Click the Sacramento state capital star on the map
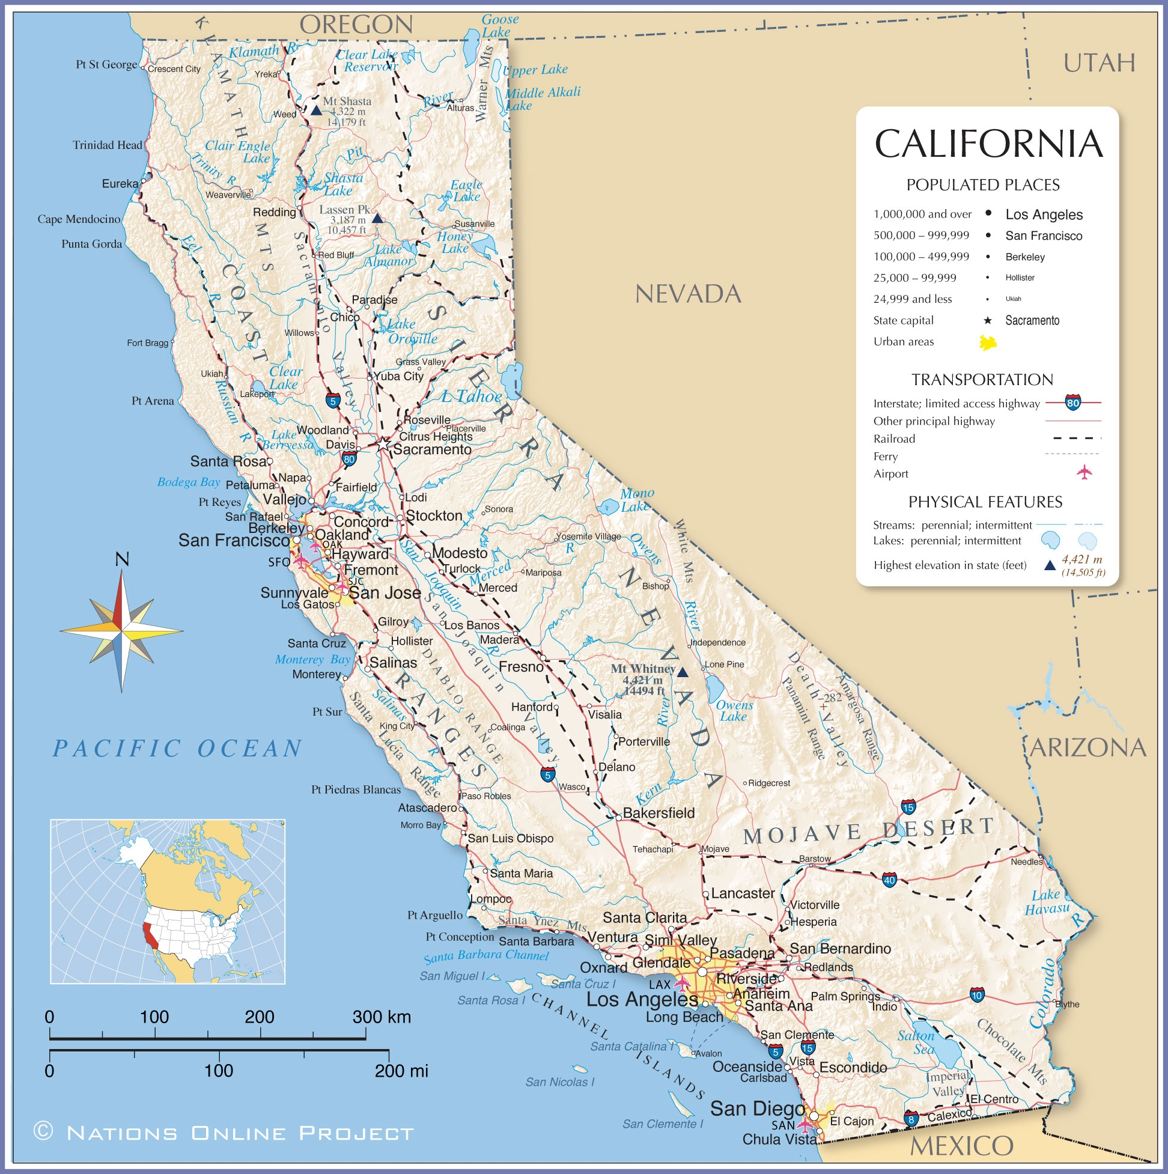[x=382, y=445]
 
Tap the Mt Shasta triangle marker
[x=316, y=111]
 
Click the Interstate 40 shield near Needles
[x=889, y=879]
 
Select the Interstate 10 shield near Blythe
[x=976, y=995]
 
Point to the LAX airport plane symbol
[x=682, y=982]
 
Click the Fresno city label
[x=521, y=668]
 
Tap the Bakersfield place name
[x=659, y=813]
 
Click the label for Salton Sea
[x=916, y=1043]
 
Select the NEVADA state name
[x=688, y=295]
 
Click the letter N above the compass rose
[x=122, y=559]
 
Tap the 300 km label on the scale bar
[x=382, y=1017]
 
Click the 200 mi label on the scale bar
[x=401, y=1071]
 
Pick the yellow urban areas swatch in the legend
[x=988, y=342]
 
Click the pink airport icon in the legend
[x=1084, y=472]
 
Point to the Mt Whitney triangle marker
[x=683, y=673]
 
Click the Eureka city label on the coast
[x=120, y=183]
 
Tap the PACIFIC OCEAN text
[x=177, y=749]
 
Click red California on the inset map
[x=149, y=937]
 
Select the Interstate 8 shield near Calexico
[x=910, y=1118]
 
